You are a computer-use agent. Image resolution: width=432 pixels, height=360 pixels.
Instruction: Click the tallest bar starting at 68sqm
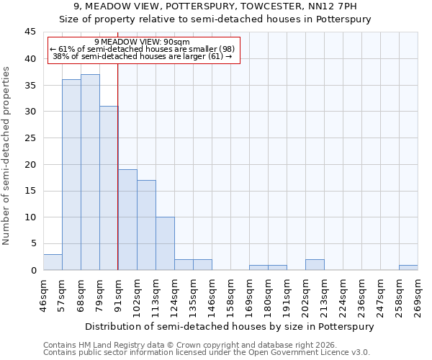tap(90, 172)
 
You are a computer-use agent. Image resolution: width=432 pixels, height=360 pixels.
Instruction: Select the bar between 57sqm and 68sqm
tap(71, 175)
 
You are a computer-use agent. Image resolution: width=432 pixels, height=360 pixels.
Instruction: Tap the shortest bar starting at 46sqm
tap(53, 262)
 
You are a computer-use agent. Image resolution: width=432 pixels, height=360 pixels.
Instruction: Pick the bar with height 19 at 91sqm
tap(127, 220)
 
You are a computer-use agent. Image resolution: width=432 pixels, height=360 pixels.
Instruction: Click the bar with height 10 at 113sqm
tap(165, 243)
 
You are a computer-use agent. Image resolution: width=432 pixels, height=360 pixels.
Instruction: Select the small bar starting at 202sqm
tap(315, 265)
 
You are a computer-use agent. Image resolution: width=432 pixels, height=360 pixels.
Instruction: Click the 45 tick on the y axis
tap(30, 32)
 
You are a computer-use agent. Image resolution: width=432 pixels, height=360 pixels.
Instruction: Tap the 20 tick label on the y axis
tap(30, 164)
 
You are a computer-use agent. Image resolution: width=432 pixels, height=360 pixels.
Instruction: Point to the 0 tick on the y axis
tap(33, 270)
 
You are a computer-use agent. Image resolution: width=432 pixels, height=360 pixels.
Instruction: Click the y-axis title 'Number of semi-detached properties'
tap(8, 156)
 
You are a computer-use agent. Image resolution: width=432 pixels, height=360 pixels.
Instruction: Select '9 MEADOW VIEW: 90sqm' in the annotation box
tap(142, 42)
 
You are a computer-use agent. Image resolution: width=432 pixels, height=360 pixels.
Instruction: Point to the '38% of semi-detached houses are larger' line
tap(142, 56)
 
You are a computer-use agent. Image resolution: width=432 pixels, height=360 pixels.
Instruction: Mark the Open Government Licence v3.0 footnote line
tap(206, 353)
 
